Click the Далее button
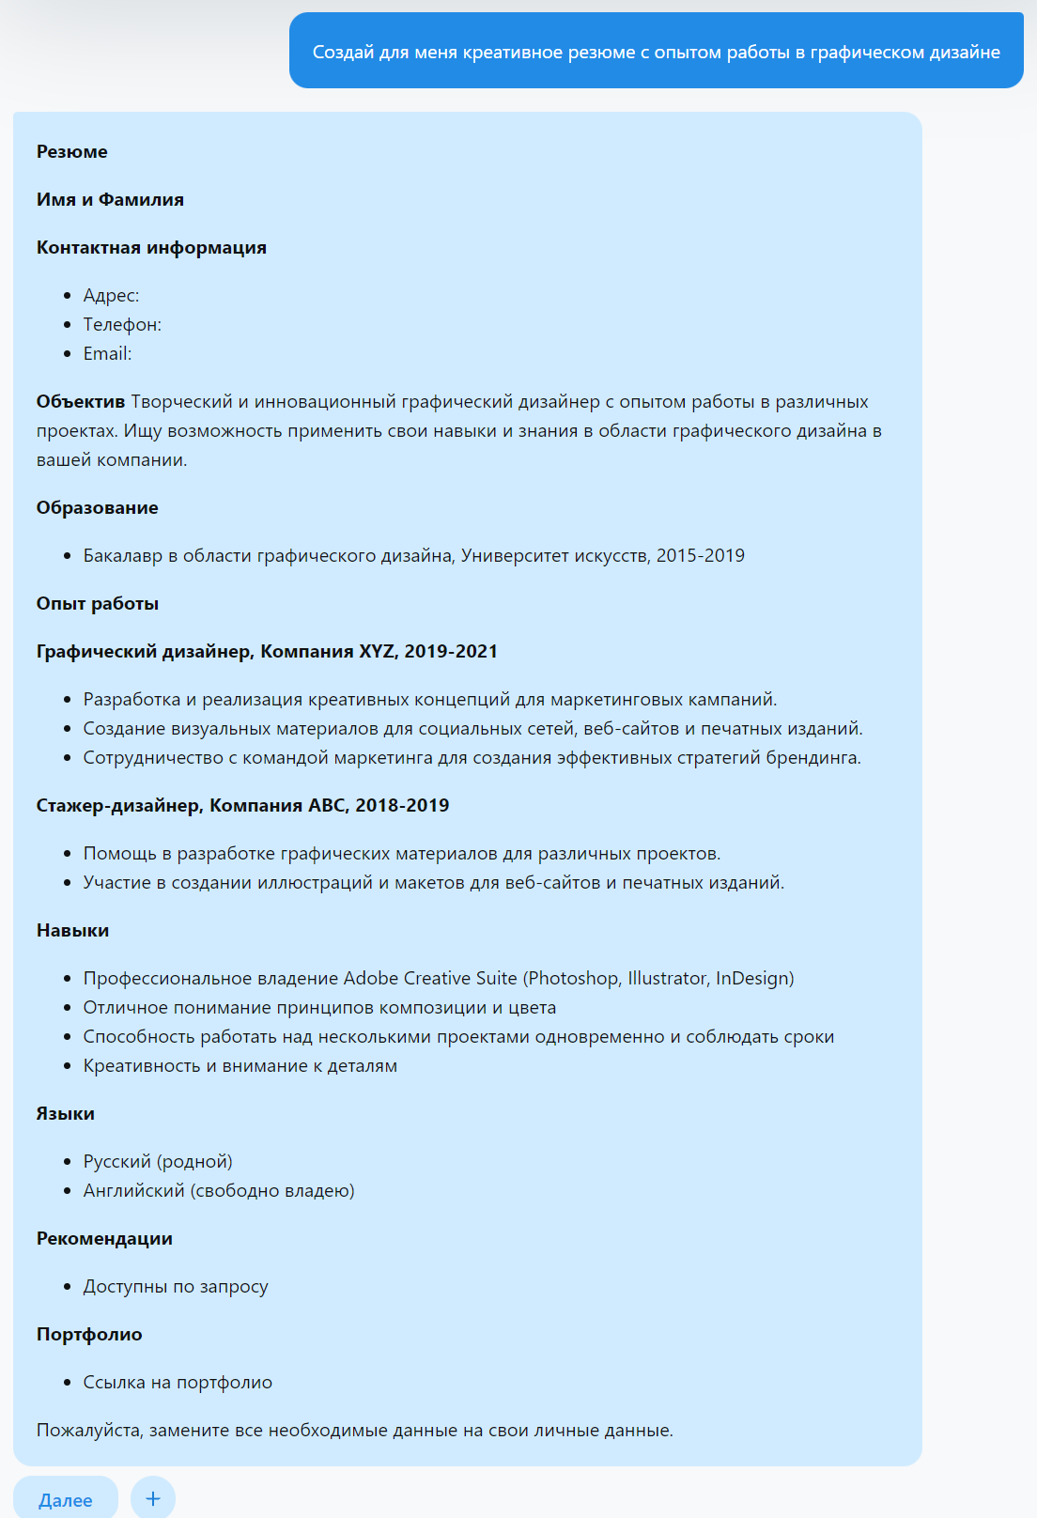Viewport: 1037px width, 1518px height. [x=65, y=1500]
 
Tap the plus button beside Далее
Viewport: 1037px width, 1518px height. [x=153, y=1498]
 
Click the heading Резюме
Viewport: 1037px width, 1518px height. [x=72, y=152]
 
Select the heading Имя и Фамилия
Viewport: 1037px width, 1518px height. [x=110, y=200]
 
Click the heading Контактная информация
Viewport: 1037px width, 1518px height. [x=151, y=248]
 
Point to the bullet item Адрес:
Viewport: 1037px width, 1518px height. [x=111, y=296]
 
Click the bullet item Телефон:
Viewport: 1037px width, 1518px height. [x=122, y=325]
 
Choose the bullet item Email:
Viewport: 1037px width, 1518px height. [x=107, y=354]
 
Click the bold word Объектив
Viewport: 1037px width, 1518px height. [x=81, y=402]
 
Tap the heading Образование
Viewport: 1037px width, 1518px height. [x=98, y=508]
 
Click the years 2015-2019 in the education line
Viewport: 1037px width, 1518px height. [x=700, y=556]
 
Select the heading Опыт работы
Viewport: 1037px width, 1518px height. [x=98, y=604]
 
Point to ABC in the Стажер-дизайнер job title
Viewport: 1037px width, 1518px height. [x=327, y=806]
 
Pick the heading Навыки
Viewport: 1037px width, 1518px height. [x=72, y=931]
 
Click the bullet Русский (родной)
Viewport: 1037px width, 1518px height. [x=158, y=1162]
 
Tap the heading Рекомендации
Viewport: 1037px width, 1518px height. [x=104, y=1239]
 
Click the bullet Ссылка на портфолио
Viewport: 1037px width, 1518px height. [x=178, y=1383]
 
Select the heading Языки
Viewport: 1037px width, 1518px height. [x=66, y=1114]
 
